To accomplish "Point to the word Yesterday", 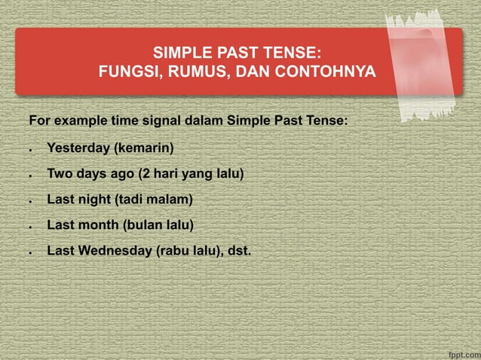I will (x=78, y=148).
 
